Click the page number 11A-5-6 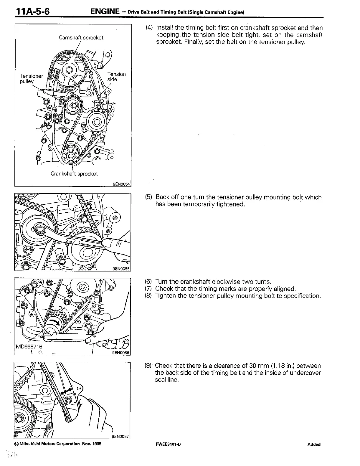point(33,12)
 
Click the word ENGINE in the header point(105,12)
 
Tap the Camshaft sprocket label point(81,38)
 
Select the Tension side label point(116,77)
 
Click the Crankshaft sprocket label point(74,174)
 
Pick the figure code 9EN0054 point(121,184)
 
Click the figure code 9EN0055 point(121,268)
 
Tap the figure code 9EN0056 point(121,353)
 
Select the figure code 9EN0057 point(120,437)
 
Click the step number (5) point(149,197)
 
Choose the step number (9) point(149,366)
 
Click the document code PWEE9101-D point(168,444)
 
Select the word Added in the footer point(314,444)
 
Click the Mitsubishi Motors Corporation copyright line point(58,444)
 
